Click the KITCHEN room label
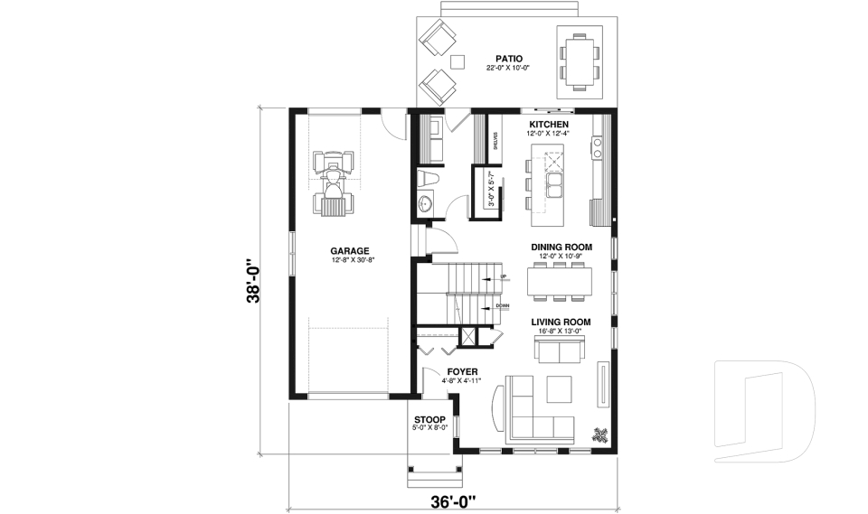tap(548, 124)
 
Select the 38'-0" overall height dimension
tap(257, 282)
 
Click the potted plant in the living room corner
tap(599, 434)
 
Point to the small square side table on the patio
tap(458, 61)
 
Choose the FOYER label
tap(462, 371)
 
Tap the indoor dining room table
tap(556, 281)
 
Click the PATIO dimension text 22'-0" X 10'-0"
tap(507, 68)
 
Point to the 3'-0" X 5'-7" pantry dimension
tap(492, 190)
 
